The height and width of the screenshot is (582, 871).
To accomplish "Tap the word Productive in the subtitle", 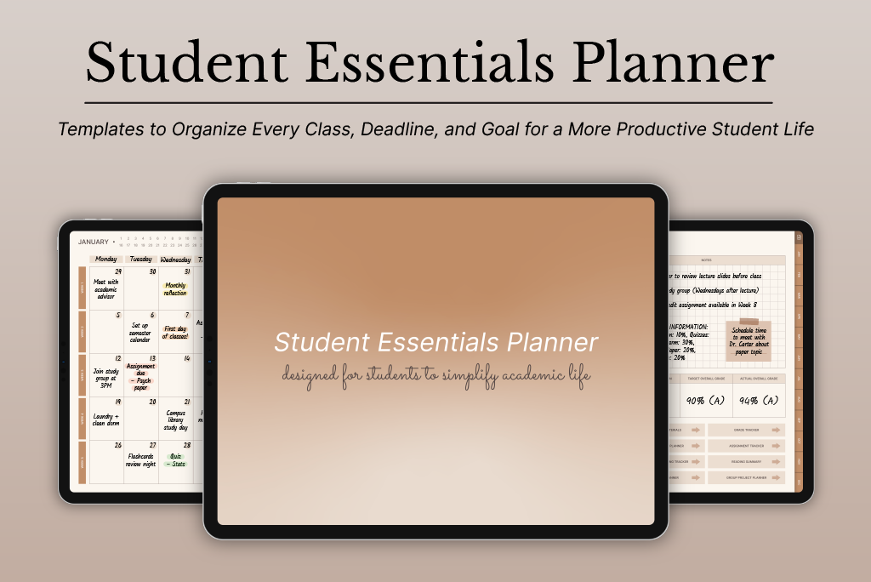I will click(660, 130).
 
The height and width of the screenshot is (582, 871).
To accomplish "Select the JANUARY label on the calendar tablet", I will click(94, 242).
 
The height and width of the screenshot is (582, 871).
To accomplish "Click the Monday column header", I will click(106, 259).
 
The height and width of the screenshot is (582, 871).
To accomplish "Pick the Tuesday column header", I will click(141, 259).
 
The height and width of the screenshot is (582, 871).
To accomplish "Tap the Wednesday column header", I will click(175, 259).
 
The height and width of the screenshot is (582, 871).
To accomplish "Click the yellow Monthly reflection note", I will click(175, 289).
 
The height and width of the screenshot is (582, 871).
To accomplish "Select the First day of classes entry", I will click(175, 332).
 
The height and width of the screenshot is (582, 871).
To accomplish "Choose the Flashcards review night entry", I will click(141, 460).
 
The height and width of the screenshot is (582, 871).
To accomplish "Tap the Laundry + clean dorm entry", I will click(107, 418).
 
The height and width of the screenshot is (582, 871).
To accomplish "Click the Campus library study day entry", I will click(175, 420).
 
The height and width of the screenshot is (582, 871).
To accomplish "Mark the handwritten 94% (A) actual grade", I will click(760, 400).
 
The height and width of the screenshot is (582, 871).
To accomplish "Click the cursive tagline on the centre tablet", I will click(435, 375).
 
